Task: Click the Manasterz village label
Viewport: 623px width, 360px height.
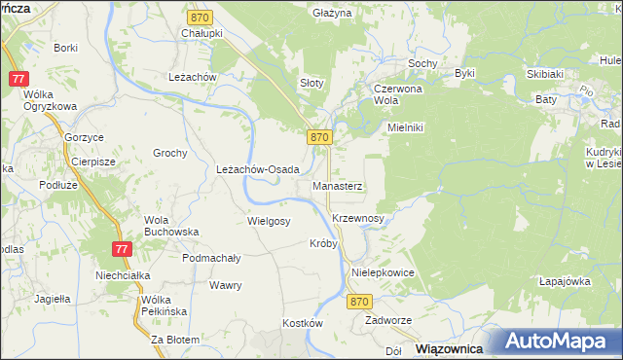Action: point(338,185)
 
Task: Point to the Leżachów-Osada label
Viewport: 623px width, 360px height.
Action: point(257,168)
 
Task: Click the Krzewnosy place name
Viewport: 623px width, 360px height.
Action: point(357,219)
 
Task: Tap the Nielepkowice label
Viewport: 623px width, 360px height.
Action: point(384,273)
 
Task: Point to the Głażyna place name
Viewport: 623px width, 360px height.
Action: point(332,14)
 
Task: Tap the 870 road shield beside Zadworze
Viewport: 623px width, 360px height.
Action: point(359,303)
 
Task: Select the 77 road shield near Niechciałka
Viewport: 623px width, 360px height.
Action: point(121,250)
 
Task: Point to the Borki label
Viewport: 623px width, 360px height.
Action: point(66,47)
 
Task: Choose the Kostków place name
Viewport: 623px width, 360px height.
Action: point(302,322)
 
